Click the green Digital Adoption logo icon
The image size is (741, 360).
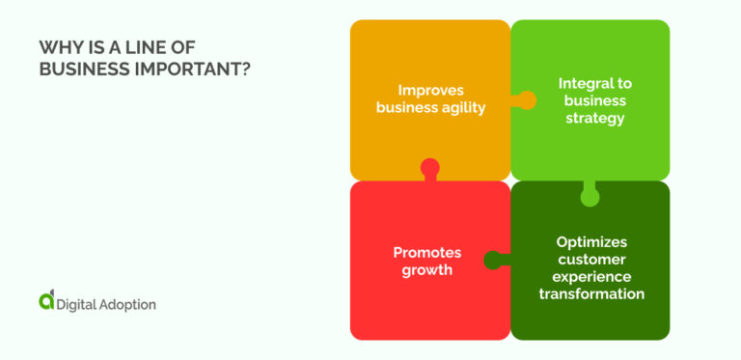tap(46, 300)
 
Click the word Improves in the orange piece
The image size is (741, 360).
tap(430, 91)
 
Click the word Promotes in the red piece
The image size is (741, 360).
tap(426, 253)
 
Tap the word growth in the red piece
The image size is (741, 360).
tap(427, 269)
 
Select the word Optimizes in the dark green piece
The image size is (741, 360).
tap(591, 242)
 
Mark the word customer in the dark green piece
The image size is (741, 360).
tap(591, 259)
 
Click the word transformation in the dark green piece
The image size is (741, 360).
tap(591, 292)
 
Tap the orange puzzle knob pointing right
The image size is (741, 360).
tap(526, 99)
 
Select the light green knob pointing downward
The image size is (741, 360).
tap(590, 197)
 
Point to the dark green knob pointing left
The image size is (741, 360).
tap(493, 259)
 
